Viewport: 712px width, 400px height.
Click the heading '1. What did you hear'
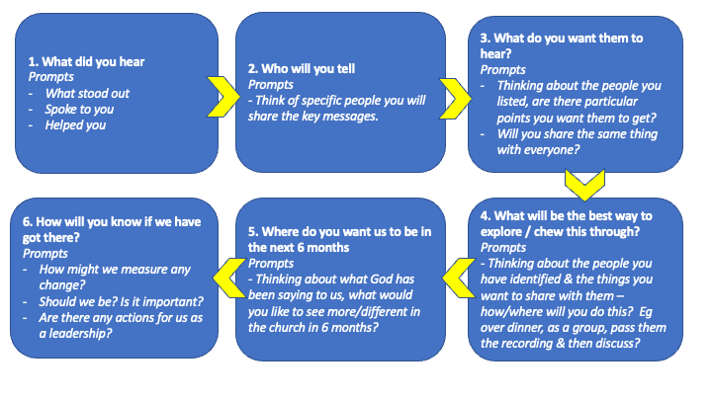[86, 61]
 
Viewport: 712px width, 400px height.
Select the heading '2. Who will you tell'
[302, 69]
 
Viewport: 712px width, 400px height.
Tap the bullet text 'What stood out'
[87, 94]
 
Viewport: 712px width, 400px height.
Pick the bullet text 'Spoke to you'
[79, 110]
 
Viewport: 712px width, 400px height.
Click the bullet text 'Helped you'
[75, 125]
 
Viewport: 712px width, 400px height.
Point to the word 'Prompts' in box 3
[502, 70]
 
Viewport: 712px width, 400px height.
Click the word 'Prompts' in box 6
[44, 254]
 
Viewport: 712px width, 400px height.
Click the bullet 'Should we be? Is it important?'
[122, 302]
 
